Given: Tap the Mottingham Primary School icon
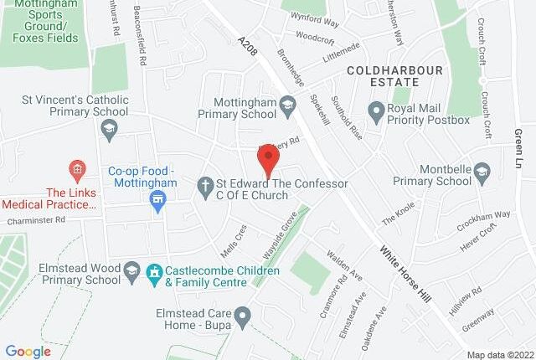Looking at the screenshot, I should [289, 105].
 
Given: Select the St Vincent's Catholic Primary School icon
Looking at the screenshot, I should [108, 128].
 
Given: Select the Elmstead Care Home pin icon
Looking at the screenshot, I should [243, 317].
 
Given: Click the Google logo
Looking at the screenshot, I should [28, 351].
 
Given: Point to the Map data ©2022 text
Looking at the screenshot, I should [499, 354].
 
